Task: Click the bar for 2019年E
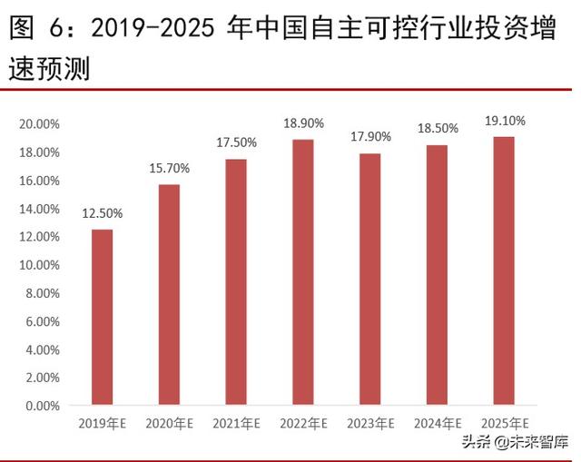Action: pyautogui.click(x=102, y=317)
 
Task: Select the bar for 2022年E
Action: pyautogui.click(x=303, y=271)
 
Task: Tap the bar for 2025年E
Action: pyautogui.click(x=505, y=270)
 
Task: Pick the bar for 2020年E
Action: pyautogui.click(x=169, y=294)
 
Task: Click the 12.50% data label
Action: pyautogui.click(x=102, y=213)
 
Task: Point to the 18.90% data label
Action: pyautogui.click(x=303, y=123)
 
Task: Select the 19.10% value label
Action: pyautogui.click(x=505, y=120)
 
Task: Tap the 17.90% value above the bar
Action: pyautogui.click(x=370, y=137)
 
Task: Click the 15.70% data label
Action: pyautogui.click(x=169, y=168)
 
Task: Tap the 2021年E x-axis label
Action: pyautogui.click(x=236, y=423)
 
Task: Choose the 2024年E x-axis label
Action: pyautogui.click(x=438, y=423)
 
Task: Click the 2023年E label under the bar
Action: pyautogui.click(x=370, y=423)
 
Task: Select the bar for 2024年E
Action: pyautogui.click(x=438, y=275)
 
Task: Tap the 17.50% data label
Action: pyautogui.click(x=236, y=143)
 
